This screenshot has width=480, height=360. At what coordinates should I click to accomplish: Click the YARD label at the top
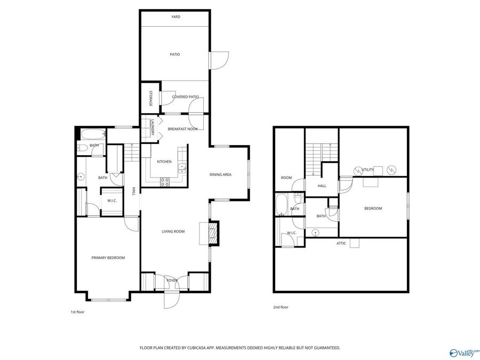[x=175, y=17]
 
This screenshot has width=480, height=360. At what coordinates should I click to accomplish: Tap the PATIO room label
[x=175, y=54]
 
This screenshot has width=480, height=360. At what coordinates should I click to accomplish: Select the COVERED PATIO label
[x=185, y=97]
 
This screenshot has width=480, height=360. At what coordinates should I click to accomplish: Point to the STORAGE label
[x=151, y=99]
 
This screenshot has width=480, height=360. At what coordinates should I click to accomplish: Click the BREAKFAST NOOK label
[x=183, y=129]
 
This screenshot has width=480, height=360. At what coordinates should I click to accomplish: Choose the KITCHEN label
[x=164, y=162]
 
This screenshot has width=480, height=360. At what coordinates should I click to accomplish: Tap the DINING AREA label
[x=220, y=174]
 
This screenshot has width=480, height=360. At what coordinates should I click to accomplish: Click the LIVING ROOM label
[x=173, y=231]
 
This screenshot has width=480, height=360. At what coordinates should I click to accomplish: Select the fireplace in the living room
[x=213, y=233]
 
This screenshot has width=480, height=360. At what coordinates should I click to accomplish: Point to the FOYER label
[x=172, y=280]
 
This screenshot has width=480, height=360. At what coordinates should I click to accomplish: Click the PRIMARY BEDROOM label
[x=108, y=258]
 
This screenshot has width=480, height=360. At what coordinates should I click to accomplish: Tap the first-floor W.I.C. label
[x=112, y=201]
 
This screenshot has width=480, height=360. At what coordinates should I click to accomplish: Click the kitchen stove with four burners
[x=165, y=181]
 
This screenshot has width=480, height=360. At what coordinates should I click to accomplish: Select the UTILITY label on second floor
[x=368, y=170]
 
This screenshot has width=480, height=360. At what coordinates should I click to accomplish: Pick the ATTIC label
[x=341, y=243]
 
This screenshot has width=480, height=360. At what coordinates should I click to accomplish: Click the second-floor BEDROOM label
[x=373, y=209]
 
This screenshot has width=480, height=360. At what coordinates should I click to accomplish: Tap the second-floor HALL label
[x=322, y=186]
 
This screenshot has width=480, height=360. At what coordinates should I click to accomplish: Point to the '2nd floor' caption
[x=281, y=308]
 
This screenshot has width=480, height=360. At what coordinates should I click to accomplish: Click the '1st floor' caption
[x=77, y=311]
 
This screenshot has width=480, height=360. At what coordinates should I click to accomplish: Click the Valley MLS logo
[x=464, y=353]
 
